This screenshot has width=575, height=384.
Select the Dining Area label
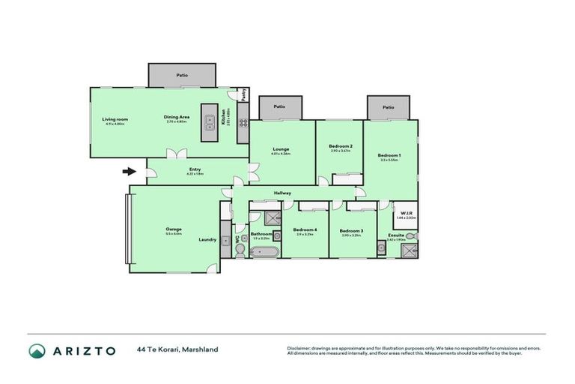tap(176, 117)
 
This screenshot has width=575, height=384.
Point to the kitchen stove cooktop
tap(243, 122)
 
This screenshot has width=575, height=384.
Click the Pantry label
tap(243, 95)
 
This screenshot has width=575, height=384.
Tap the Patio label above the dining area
tap(182, 75)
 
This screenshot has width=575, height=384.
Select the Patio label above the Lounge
tap(280, 106)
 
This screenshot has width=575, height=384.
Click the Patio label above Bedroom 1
tap(388, 107)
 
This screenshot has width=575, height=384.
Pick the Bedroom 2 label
tap(341, 146)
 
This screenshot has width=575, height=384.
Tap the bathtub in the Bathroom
tap(262, 252)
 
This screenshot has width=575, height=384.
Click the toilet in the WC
tap(239, 253)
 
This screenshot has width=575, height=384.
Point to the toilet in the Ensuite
tap(413, 236)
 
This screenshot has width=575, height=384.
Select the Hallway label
tap(282, 193)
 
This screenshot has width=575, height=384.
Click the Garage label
tap(174, 229)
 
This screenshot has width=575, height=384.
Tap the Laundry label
tap(207, 240)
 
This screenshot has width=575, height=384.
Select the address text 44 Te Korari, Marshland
tap(177, 349)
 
